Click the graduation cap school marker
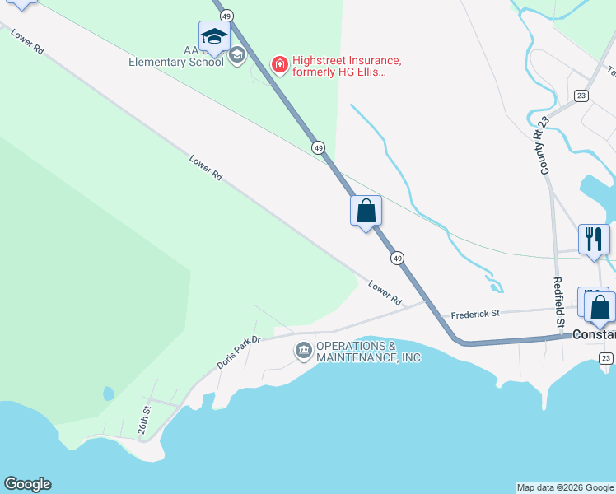click(x=214, y=37)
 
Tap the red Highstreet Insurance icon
click(x=280, y=63)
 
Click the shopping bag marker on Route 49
click(x=366, y=211)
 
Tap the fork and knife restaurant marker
click(x=593, y=240)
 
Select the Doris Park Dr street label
click(x=239, y=352)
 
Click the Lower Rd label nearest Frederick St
click(x=385, y=293)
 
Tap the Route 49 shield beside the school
click(x=226, y=16)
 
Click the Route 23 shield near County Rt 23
click(x=581, y=95)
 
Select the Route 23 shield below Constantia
click(x=605, y=357)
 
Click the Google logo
click(x=27, y=484)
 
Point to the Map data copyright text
click(x=566, y=487)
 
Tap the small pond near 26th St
click(x=109, y=394)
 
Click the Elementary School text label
click(x=176, y=62)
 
